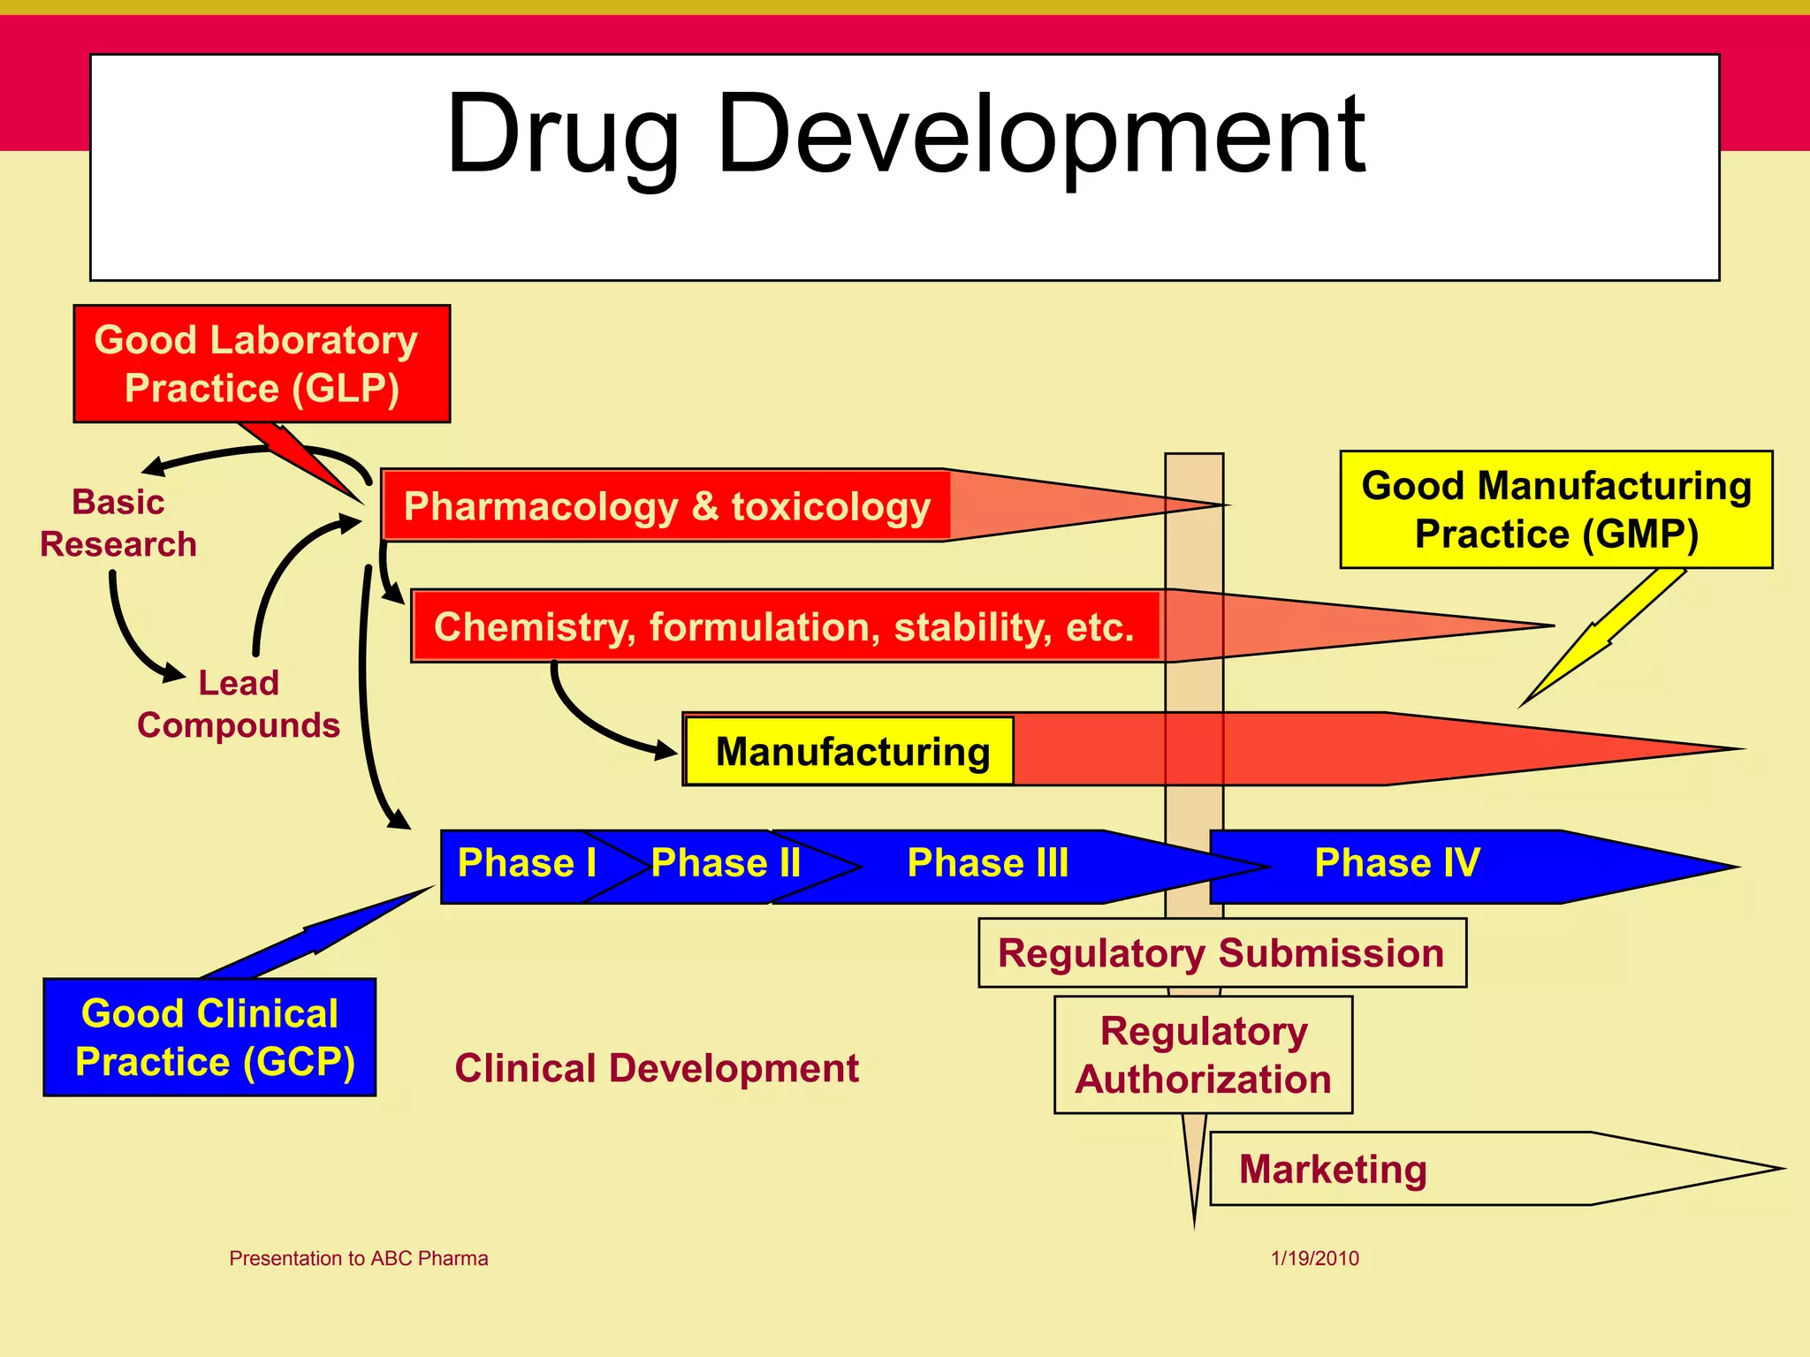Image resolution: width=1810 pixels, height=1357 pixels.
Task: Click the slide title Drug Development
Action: pyautogui.click(x=906, y=135)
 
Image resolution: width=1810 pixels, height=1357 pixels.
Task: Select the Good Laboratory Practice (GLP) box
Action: pyautogui.click(x=262, y=364)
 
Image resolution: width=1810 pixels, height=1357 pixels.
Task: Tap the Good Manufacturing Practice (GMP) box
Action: pyautogui.click(x=1556, y=510)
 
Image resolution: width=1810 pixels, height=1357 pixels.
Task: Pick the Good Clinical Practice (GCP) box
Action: pyautogui.click(x=210, y=1037)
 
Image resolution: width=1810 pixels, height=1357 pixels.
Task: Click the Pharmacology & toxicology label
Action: pyautogui.click(x=667, y=506)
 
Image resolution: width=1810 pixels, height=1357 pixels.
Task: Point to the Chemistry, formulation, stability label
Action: pyautogui.click(x=785, y=626)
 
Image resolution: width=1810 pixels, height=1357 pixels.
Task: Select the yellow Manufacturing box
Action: pyautogui.click(x=851, y=752)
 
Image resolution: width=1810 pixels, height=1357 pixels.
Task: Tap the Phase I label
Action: pyautogui.click(x=527, y=863)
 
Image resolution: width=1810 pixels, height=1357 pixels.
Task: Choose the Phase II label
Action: pyautogui.click(x=726, y=863)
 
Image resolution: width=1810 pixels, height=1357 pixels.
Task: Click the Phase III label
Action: pyautogui.click(x=988, y=863)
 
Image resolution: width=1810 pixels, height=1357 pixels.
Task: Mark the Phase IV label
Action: pyautogui.click(x=1396, y=863)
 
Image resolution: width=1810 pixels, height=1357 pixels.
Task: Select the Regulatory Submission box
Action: pyautogui.click(x=1221, y=953)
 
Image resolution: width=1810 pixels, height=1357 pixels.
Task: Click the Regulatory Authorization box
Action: pyautogui.click(x=1203, y=1055)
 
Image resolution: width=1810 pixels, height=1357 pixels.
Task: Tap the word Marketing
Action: pyautogui.click(x=1333, y=1169)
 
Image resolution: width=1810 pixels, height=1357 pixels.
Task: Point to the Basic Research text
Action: pyautogui.click(x=118, y=523)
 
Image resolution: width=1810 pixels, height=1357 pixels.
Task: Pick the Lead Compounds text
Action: pyautogui.click(x=239, y=704)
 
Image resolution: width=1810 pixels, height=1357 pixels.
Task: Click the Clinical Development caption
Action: pyautogui.click(x=657, y=1068)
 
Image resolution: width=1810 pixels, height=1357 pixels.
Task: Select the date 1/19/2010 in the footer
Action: pyautogui.click(x=1315, y=1258)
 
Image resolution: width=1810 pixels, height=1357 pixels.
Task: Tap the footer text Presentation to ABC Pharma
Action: pyautogui.click(x=359, y=1258)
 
